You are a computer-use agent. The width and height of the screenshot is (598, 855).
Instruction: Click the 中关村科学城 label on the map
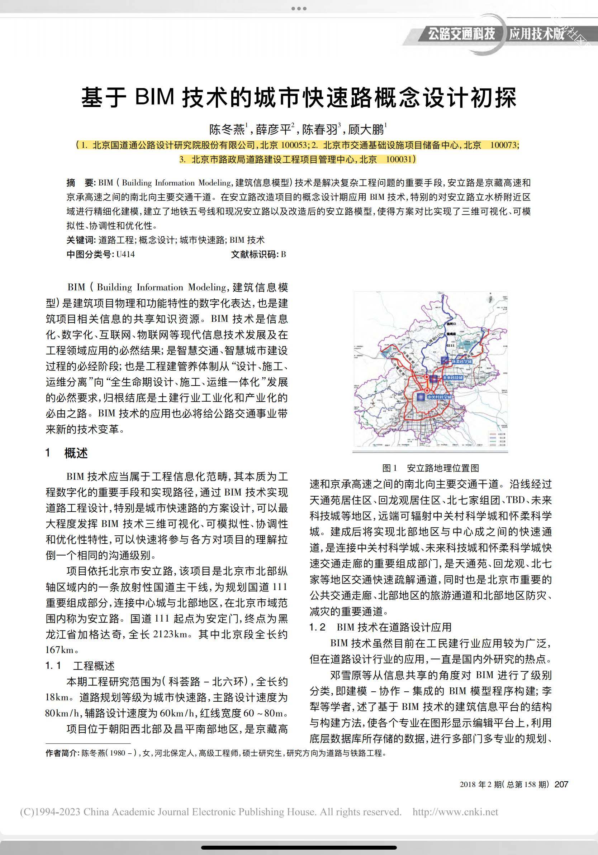point(439,397)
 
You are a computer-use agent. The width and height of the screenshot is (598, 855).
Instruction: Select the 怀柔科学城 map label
point(461,361)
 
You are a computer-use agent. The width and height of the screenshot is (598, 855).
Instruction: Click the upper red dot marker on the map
point(426,378)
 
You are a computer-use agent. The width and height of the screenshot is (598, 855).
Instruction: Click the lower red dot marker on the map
point(427,390)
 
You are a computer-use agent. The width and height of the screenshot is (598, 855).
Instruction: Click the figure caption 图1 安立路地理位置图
point(431,468)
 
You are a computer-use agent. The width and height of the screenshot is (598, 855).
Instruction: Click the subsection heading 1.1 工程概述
point(80,666)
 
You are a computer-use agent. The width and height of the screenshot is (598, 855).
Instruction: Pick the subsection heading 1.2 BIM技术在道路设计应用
point(380,627)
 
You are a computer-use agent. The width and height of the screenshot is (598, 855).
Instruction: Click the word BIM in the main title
point(155,97)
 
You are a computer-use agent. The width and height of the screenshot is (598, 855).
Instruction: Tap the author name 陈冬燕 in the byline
point(227,130)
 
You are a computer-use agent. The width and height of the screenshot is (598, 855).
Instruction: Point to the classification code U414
point(125,254)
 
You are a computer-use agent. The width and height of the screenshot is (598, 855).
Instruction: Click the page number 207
point(561,784)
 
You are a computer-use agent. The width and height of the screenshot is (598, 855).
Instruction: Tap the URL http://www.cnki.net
point(455,812)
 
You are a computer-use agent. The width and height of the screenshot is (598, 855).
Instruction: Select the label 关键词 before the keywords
point(81,240)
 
